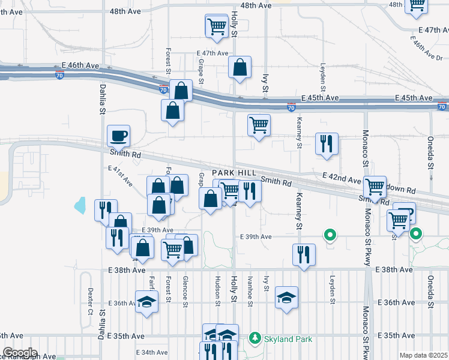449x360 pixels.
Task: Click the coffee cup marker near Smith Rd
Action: [118, 136]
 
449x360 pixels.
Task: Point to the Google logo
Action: [19, 353]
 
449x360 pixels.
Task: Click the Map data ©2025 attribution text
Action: [424, 355]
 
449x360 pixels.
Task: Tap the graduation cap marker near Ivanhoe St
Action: [287, 297]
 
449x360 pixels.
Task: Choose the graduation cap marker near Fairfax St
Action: [146, 302]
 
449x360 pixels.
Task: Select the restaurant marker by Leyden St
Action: [327, 144]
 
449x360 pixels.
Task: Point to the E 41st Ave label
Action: [121, 176]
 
